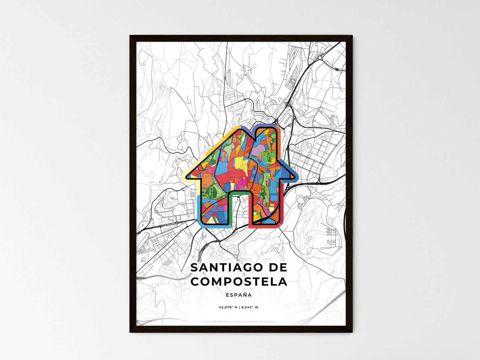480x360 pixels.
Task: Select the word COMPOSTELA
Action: point(239,282)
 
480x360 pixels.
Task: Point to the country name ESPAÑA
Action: point(239,295)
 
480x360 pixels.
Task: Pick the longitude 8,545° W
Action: point(249,307)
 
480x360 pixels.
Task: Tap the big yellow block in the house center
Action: point(239,163)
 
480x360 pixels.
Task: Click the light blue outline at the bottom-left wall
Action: point(199,209)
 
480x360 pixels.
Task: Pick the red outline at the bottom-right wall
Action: point(266,225)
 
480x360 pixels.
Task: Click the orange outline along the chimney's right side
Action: point(279,143)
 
